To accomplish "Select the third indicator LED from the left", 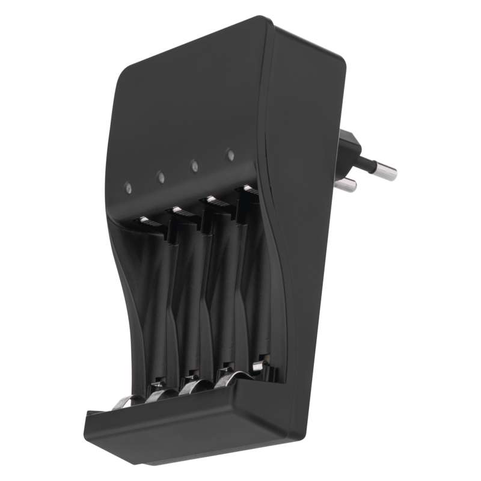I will (x=195, y=164).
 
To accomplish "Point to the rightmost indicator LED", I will (x=230, y=155).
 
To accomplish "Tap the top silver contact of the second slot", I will (x=178, y=210).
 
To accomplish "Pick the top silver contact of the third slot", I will (x=211, y=199).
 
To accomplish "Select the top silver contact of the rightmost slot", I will (x=247, y=189).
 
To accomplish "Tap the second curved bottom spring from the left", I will (x=161, y=394).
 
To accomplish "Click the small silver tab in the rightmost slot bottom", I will (x=258, y=366).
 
